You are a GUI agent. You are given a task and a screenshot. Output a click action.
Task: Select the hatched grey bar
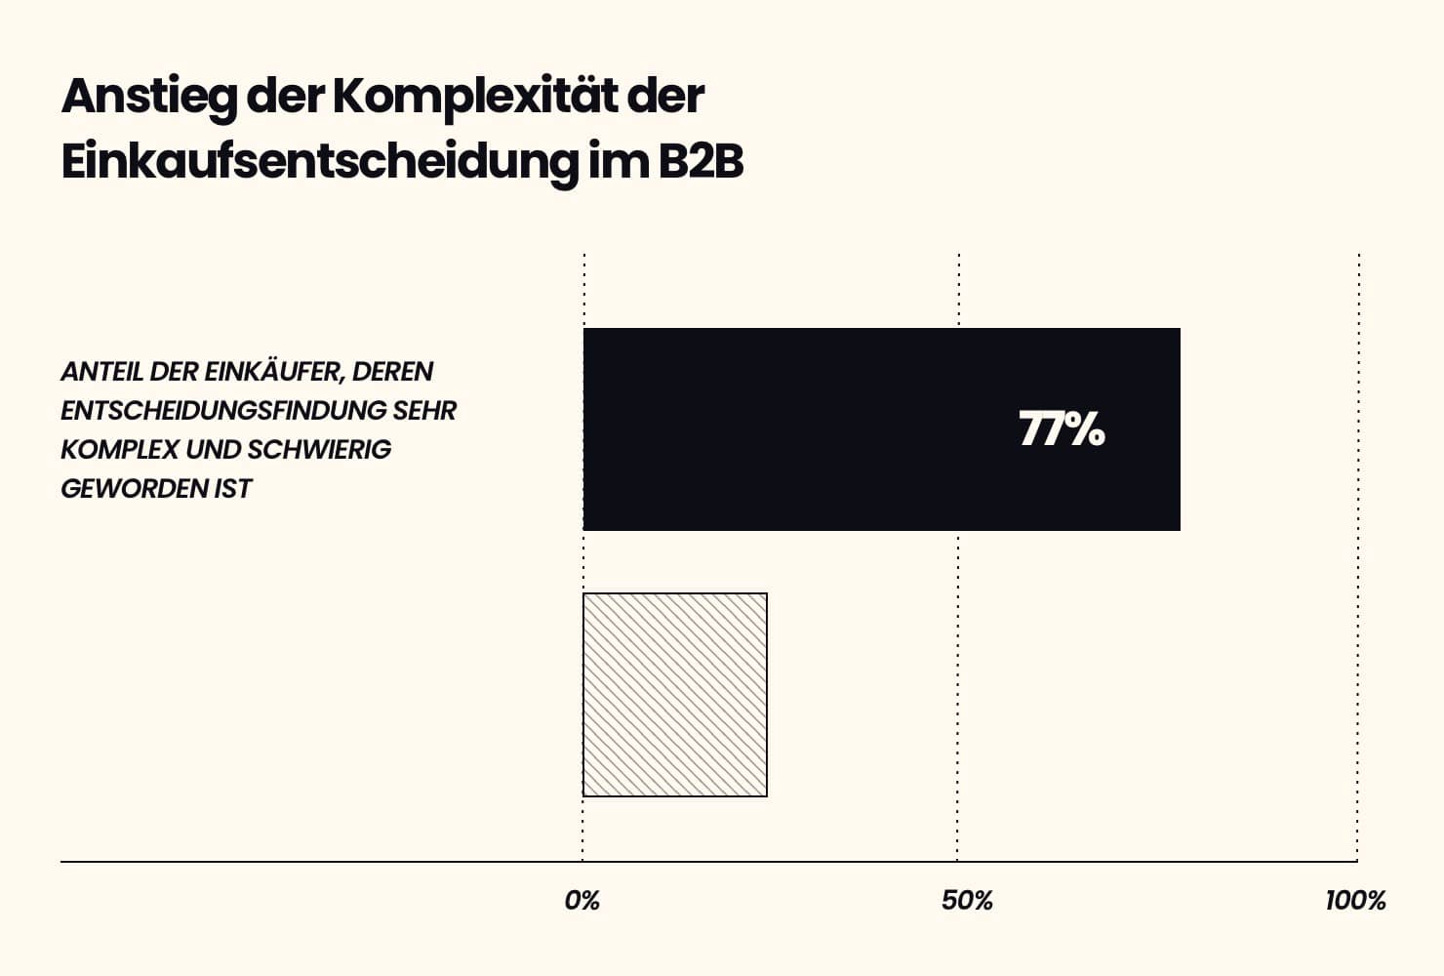click(675, 695)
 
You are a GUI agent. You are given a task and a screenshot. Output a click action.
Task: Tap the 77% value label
click(1062, 429)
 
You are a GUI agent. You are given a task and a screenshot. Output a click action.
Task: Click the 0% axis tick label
click(582, 901)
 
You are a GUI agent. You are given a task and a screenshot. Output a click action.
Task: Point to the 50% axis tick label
click(967, 901)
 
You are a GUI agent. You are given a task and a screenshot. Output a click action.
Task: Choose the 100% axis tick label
click(1355, 901)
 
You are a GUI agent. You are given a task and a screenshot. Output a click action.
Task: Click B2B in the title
click(701, 162)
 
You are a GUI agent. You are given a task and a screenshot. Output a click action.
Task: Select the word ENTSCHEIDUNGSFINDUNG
click(224, 411)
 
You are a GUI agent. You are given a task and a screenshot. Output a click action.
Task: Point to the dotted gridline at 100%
click(1357, 586)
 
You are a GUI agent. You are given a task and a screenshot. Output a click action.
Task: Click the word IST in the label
click(233, 489)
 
